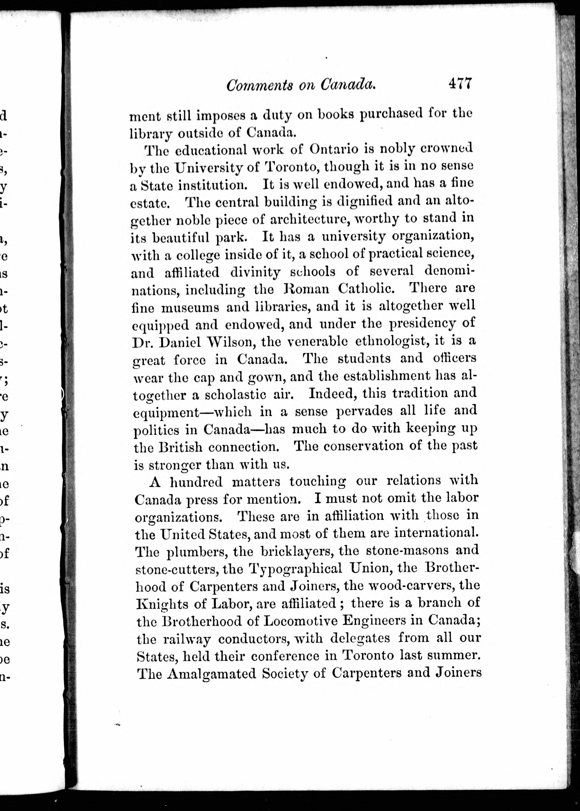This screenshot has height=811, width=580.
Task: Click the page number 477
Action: [x=460, y=84]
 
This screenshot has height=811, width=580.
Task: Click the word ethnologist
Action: [x=391, y=341]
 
